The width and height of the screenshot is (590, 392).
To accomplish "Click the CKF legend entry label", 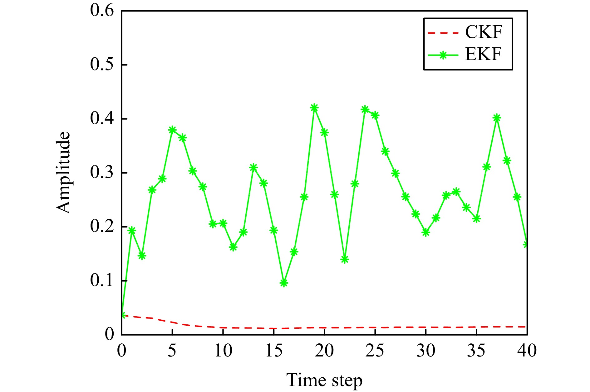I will tap(484, 32).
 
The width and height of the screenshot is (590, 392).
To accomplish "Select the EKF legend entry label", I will tap(483, 55).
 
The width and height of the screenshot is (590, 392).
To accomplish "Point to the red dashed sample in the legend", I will tap(443, 32).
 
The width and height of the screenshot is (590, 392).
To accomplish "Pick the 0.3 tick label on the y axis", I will tap(102, 173).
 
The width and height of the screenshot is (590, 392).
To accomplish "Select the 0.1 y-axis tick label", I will tap(102, 280).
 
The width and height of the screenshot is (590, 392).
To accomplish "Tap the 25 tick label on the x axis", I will tap(375, 351).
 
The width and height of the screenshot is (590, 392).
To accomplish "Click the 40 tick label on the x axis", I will tap(527, 351).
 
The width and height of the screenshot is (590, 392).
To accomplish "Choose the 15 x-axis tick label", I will tap(273, 351).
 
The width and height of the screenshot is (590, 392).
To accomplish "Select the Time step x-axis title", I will tap(324, 380).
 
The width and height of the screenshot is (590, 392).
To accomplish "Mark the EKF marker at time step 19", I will tap(314, 108).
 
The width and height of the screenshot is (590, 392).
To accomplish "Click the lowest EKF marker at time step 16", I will tap(284, 283).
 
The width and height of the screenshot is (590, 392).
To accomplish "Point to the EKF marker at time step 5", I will tap(172, 130).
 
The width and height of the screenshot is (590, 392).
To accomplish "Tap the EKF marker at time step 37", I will tap(497, 118).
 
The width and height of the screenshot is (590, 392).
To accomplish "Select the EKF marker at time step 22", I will tap(345, 259).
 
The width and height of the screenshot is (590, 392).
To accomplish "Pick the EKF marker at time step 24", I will tap(365, 110).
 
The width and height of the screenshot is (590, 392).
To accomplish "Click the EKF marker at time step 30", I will tap(426, 232).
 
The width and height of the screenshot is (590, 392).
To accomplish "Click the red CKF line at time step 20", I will tap(324, 328).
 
